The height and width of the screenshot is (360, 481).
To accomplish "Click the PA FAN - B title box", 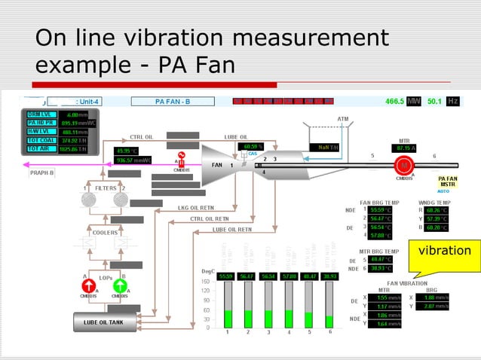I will pyautogui.click(x=173, y=101).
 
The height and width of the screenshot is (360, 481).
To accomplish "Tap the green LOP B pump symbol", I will pyautogui.click(x=120, y=286).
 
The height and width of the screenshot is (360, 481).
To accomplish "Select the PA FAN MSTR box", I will pyautogui.click(x=447, y=182).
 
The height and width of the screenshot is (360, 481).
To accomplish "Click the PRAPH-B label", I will pyautogui.click(x=41, y=172).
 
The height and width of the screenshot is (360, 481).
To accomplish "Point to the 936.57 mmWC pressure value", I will pyautogui.click(x=133, y=160).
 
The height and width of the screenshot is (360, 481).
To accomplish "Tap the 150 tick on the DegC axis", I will pyautogui.click(x=205, y=282).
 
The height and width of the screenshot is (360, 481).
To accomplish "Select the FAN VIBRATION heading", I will pyautogui.click(x=402, y=282).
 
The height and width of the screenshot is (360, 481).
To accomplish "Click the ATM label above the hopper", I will pyautogui.click(x=343, y=119).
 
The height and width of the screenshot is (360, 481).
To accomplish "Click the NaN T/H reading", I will pyautogui.click(x=329, y=148).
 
